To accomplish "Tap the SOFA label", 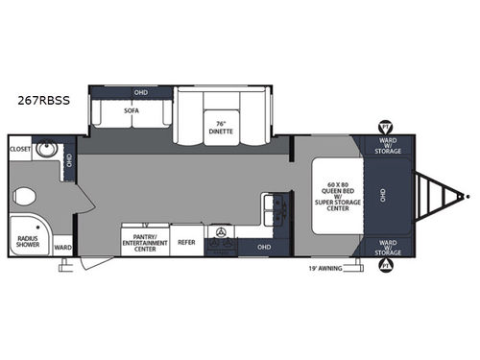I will [x=132, y=109].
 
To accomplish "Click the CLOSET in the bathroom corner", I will [x=19, y=150].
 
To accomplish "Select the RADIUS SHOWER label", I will [x=28, y=242].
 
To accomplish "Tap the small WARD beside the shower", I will [x=63, y=247].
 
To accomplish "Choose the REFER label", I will [x=186, y=242].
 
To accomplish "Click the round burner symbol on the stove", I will [x=225, y=234].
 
